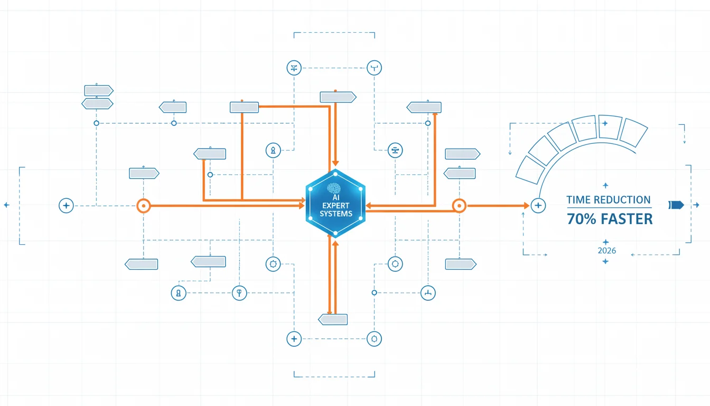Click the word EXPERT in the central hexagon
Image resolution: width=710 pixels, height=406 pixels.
335,206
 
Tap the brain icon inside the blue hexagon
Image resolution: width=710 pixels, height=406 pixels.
334,188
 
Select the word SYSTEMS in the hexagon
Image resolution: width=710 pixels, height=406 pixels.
335,214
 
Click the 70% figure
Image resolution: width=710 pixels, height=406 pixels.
581,219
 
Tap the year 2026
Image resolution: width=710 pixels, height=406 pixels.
606,251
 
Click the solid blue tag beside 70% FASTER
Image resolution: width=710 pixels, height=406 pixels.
676,205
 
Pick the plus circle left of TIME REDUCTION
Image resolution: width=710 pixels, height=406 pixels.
538,206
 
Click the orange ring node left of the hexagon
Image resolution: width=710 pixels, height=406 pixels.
144,206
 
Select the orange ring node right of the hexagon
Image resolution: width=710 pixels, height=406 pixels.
459,206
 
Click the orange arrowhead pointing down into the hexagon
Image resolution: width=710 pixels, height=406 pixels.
335,163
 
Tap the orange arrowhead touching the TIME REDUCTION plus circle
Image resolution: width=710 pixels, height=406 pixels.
527,206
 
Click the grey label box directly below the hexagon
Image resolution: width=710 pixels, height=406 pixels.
333,319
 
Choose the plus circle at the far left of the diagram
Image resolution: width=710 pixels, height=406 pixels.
66,206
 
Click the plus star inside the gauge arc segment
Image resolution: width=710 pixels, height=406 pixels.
605,123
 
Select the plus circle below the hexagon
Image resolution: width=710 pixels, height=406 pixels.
294,339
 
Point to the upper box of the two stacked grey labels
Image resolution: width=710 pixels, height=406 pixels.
99,90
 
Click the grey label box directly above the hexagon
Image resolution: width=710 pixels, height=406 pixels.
338,97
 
